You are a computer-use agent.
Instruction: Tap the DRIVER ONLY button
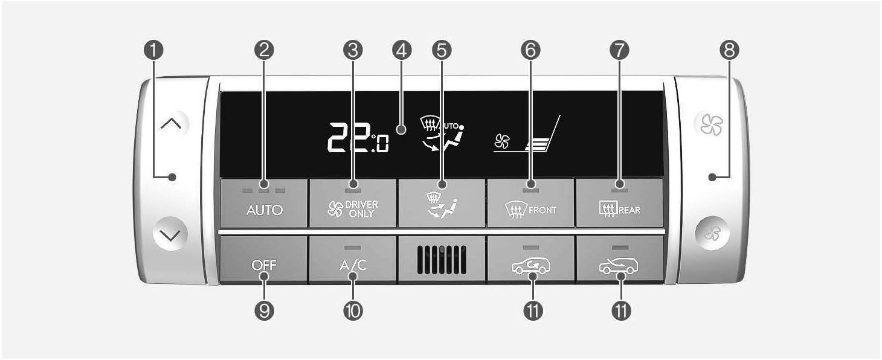pyautogui.click(x=352, y=203)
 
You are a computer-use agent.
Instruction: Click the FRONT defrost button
pyautogui.click(x=530, y=203)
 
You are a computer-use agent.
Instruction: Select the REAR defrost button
pyautogui.click(x=619, y=203)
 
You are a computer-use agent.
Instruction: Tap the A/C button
pyautogui.click(x=352, y=259)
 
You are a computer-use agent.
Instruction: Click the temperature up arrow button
pyautogui.click(x=171, y=124)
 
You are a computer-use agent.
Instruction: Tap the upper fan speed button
pyautogui.click(x=712, y=124)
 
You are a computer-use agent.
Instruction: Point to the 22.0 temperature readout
pyautogui.click(x=358, y=138)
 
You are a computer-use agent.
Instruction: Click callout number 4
pyautogui.click(x=402, y=50)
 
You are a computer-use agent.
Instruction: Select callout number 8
pyautogui.click(x=729, y=50)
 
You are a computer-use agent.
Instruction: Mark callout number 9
pyautogui.click(x=264, y=311)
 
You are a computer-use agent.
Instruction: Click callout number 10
pyautogui.click(x=353, y=311)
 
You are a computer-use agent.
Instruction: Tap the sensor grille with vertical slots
pyautogui.click(x=442, y=260)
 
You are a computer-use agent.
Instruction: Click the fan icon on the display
pyautogui.click(x=502, y=141)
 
